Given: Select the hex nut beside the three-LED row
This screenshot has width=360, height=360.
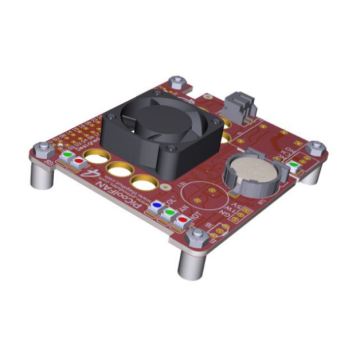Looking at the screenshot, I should coord(198,233).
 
